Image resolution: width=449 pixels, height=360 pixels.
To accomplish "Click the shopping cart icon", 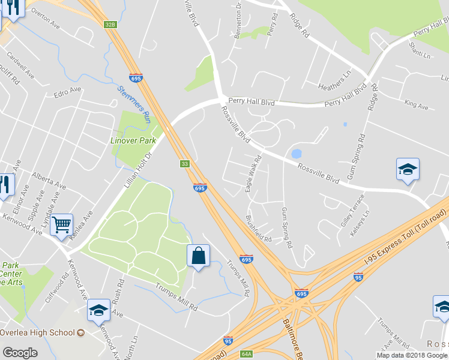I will (61, 225).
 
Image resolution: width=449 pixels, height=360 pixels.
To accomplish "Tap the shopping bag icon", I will (198, 256).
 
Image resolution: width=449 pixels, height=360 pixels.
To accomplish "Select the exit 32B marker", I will (109, 25).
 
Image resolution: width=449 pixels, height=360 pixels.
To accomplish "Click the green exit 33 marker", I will (185, 164).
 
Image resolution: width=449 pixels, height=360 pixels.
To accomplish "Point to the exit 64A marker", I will (246, 354).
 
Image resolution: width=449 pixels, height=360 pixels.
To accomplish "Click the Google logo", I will (20, 353).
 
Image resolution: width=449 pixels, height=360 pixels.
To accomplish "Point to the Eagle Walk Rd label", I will (253, 175).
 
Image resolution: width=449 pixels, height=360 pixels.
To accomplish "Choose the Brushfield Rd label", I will (259, 229).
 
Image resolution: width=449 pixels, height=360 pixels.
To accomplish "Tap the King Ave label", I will (416, 106).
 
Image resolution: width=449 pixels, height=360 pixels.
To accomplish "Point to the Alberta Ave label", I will (49, 181).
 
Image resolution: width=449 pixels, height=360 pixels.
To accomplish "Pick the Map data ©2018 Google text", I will (412, 355).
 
